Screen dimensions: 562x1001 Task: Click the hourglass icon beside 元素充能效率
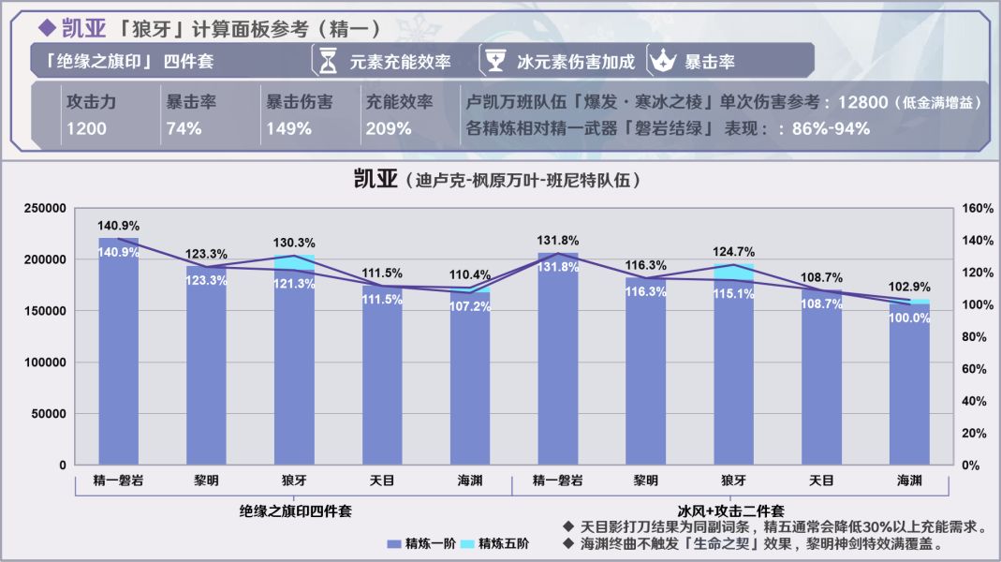pyautogui.click(x=328, y=61)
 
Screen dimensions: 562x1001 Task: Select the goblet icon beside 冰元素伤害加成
pyautogui.click(x=494, y=61)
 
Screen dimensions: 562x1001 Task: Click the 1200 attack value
pyautogui.click(x=86, y=129)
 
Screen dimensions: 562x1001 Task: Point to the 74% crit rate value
pyautogui.click(x=184, y=129)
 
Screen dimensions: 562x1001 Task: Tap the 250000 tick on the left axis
pyautogui.click(x=44, y=208)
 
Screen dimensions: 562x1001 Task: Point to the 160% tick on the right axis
pyautogui.click(x=974, y=208)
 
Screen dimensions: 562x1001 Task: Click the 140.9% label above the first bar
pyautogui.click(x=118, y=226)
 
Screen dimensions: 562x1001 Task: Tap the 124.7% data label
pyautogui.click(x=733, y=252)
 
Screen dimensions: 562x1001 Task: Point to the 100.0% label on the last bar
pyautogui.click(x=909, y=318)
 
